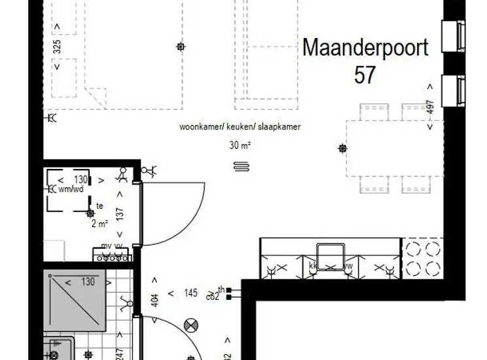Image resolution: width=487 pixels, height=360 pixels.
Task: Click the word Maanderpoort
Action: coord(365,48)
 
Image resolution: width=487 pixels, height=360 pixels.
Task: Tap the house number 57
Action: coord(365,74)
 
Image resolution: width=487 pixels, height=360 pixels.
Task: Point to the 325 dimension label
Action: coord(57,46)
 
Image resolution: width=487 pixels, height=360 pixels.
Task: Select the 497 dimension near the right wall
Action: coord(430,108)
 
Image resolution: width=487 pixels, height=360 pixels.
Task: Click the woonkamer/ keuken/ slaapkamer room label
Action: coord(240,127)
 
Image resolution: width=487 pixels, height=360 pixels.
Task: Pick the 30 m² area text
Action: coord(241,146)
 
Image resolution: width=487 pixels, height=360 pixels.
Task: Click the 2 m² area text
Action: coord(99,223)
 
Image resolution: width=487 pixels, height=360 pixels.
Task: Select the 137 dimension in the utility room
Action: coord(120,214)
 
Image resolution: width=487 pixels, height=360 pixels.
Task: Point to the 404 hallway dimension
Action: coord(154,300)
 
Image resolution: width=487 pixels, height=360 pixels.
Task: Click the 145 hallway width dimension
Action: coord(190,294)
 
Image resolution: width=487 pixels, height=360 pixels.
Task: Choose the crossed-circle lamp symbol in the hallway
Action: coord(191,324)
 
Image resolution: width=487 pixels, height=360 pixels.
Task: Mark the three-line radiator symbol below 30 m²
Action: coord(240,167)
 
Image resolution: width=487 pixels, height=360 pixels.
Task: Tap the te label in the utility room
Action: coord(99,206)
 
